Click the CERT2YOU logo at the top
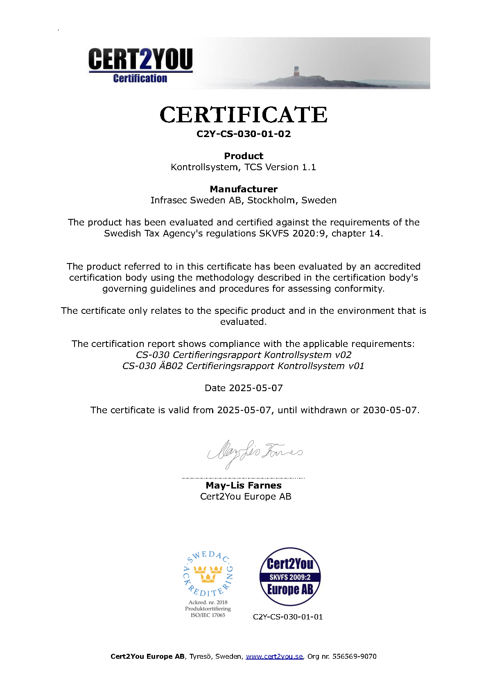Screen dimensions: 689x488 140,65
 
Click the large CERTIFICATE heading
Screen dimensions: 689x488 244,115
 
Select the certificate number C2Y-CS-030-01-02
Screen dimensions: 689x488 244,134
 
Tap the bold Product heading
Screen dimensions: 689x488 244,156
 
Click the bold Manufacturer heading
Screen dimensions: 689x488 244,189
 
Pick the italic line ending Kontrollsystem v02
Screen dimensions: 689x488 244,355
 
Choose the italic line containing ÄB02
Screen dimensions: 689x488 244,366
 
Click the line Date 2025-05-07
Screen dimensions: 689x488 244,388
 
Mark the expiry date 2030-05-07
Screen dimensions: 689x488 390,410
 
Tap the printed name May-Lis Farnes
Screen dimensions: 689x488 244,485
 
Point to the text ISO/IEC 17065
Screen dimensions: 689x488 208,615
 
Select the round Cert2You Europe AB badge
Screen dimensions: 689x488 290,577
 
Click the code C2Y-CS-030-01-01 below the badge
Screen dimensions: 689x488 288,617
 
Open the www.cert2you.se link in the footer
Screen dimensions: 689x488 274,656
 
